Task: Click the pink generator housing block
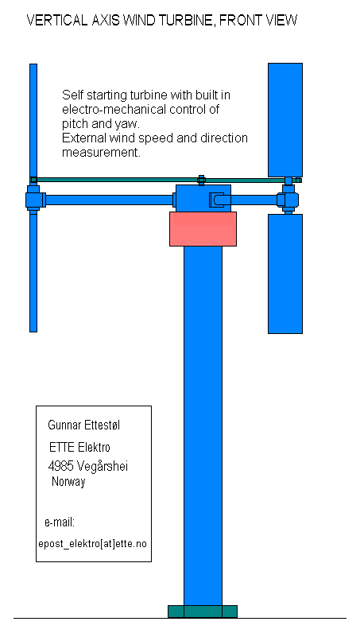tap(203, 229)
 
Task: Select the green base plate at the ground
tap(203, 612)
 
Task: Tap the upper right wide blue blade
tap(285, 120)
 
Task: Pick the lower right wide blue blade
tap(285, 274)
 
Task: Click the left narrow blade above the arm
tap(33, 120)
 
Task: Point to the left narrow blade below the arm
tap(33, 272)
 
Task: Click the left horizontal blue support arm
tap(109, 200)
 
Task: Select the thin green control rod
tap(165, 180)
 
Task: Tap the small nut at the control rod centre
tap(201, 180)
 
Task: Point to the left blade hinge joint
tap(34, 199)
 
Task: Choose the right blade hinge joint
tap(288, 199)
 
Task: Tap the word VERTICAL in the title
tap(56, 20)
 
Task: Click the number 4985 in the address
tap(60, 466)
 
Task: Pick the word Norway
tap(68, 482)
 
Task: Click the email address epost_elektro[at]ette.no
tap(93, 543)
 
